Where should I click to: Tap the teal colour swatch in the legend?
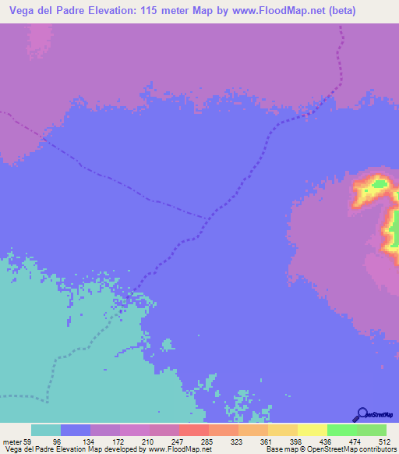click(46, 431)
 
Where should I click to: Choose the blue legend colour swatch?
click(76, 431)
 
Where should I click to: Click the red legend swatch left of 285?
click(194, 431)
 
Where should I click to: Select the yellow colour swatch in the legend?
click(312, 431)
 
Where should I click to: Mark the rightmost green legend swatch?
click(372, 431)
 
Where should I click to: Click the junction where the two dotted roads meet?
click(210, 216)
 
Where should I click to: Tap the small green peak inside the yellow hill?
click(380, 184)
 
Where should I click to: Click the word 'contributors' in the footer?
click(373, 449)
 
